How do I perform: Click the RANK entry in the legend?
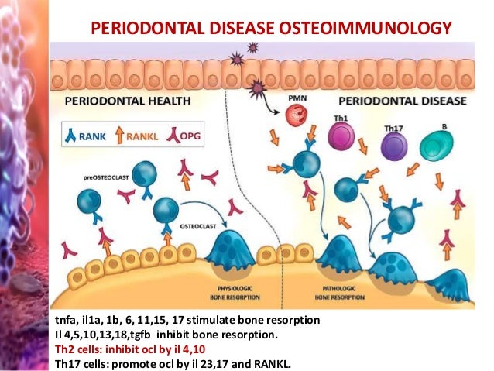pos(87,136)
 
